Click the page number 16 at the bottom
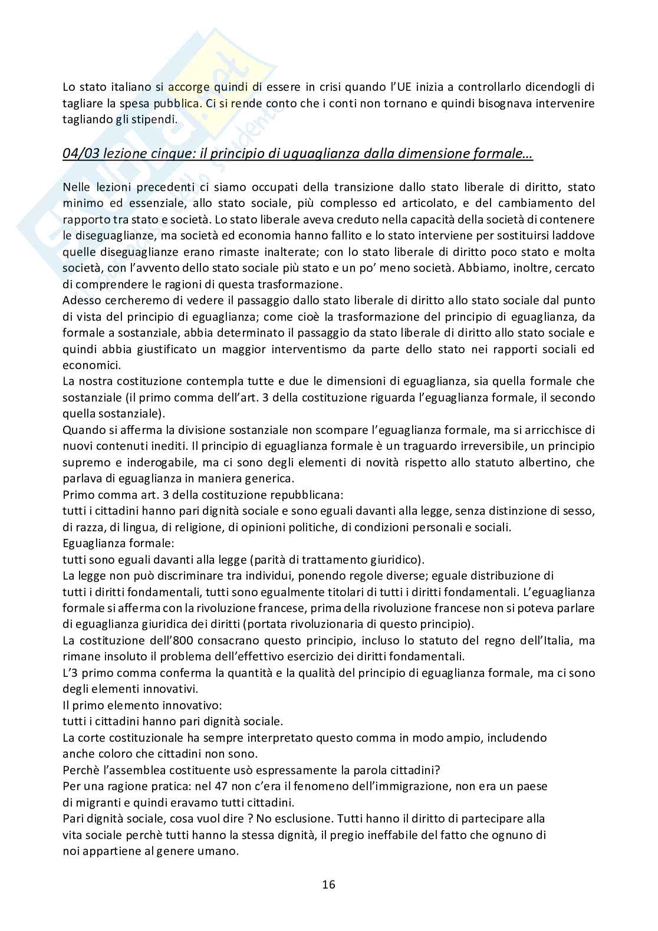point(329,884)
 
